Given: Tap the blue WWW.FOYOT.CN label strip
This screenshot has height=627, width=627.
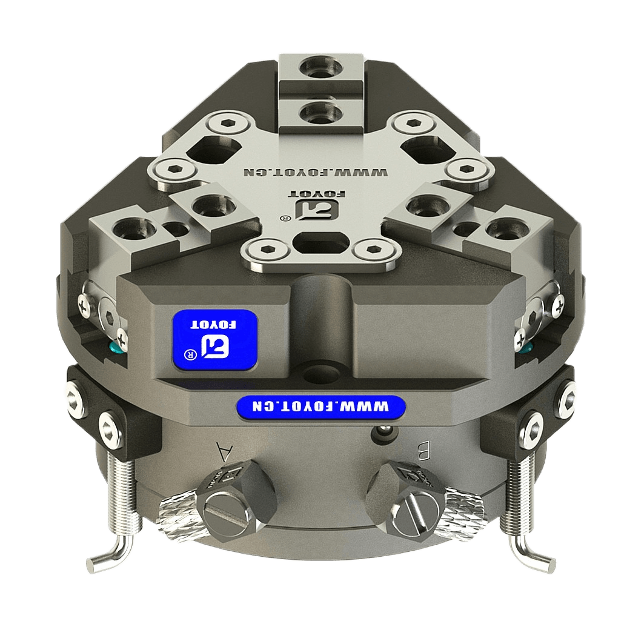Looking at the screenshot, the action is [x=321, y=407].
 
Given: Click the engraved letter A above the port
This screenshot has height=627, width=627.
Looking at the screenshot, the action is [x=224, y=451].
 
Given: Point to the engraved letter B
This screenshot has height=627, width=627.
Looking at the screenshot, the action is [x=423, y=451].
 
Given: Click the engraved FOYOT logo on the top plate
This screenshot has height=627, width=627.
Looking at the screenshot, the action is [x=317, y=205].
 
